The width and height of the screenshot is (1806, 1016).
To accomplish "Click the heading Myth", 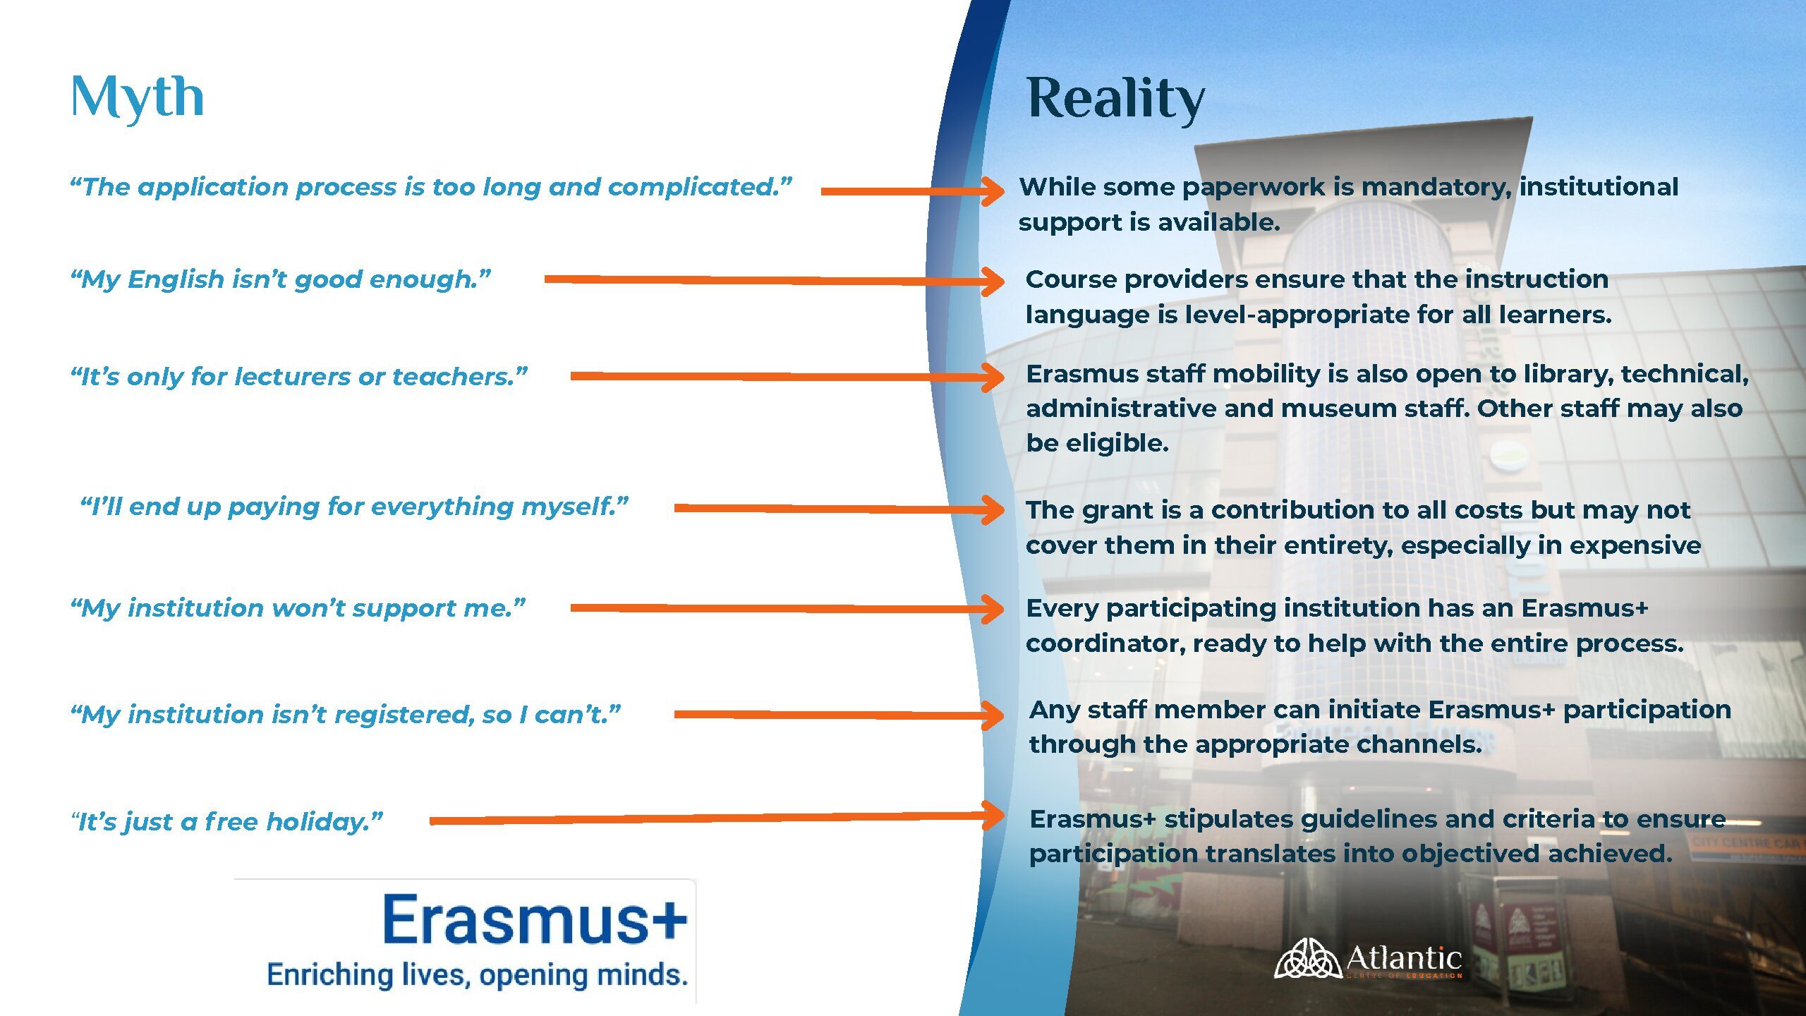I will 138,97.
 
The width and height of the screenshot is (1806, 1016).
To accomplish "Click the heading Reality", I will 1115,99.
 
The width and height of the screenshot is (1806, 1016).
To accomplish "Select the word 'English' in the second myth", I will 176,279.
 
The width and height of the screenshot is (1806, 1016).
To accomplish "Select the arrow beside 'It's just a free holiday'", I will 705,818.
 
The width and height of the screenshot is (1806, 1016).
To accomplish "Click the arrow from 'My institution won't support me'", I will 776,608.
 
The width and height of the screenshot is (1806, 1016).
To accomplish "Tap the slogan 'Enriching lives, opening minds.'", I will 477,975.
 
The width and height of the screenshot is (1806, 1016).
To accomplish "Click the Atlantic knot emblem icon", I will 1307,959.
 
